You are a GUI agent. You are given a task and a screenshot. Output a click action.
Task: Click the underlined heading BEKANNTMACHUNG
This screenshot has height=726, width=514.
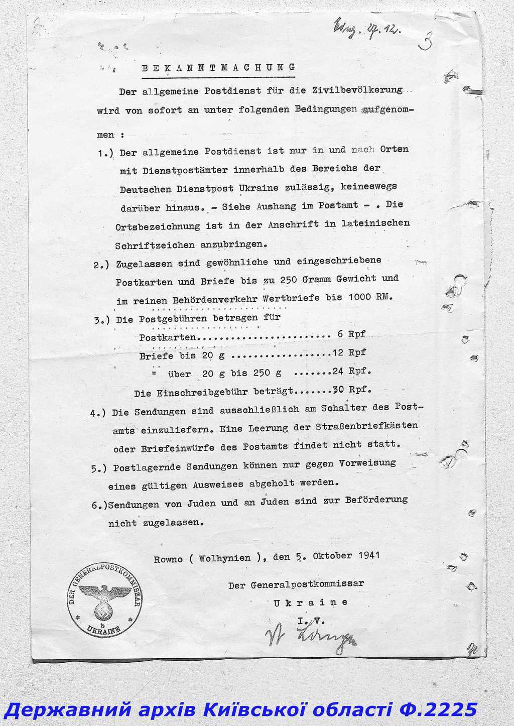coord(218,68)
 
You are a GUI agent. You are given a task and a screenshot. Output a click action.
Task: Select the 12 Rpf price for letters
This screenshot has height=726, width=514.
coord(349,352)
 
